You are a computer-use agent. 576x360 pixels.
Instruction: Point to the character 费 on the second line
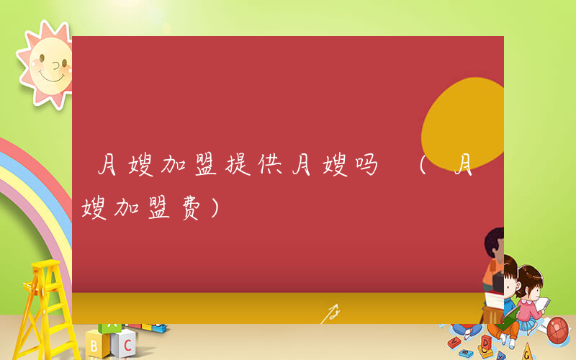tap(189, 210)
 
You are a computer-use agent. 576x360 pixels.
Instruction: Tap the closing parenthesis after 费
tap(214, 210)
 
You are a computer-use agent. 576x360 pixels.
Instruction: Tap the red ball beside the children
tap(559, 330)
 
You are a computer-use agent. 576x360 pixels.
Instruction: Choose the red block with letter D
tap(487, 340)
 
